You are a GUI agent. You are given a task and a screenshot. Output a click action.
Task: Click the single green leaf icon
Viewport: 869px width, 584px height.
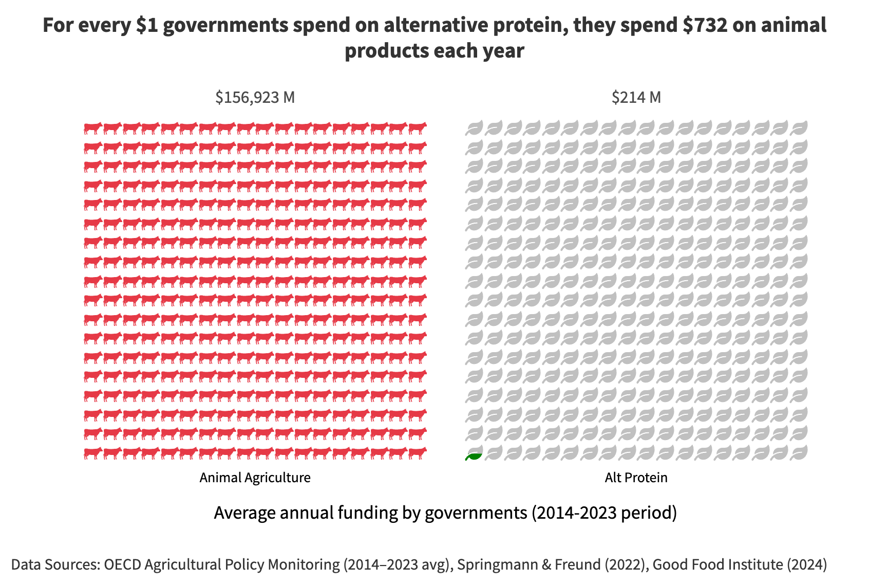click(x=474, y=454)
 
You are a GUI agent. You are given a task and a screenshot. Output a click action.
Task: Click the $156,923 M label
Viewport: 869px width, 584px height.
click(x=255, y=97)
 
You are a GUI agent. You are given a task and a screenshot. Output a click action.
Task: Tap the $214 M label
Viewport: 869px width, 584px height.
click(x=636, y=97)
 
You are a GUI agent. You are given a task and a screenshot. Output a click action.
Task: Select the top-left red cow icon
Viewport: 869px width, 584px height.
click(x=92, y=128)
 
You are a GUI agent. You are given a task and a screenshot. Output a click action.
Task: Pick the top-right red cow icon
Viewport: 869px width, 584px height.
click(x=418, y=128)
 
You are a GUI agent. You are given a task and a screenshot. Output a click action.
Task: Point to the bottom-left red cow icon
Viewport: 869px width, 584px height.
click(x=92, y=453)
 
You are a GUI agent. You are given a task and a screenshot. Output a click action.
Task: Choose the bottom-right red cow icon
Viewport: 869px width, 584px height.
click(x=418, y=453)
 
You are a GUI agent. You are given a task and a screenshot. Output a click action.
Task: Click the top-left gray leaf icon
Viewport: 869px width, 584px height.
click(x=474, y=129)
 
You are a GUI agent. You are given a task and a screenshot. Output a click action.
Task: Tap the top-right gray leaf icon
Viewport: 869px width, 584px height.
click(x=799, y=129)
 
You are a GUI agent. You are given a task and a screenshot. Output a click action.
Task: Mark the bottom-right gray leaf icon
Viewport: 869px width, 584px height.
click(x=799, y=453)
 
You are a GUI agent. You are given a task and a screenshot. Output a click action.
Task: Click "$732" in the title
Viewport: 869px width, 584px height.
click(x=705, y=25)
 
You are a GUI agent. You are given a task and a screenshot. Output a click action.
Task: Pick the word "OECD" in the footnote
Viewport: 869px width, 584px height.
click(x=123, y=564)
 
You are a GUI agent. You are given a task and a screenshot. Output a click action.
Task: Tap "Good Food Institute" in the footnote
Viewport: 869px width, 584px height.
click(x=717, y=564)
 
